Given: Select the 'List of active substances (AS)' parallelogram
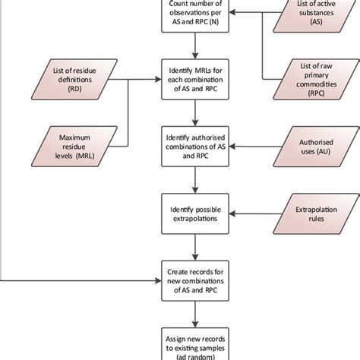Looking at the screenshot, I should pos(309,14).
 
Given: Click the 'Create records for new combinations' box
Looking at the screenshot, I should pos(197,273).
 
